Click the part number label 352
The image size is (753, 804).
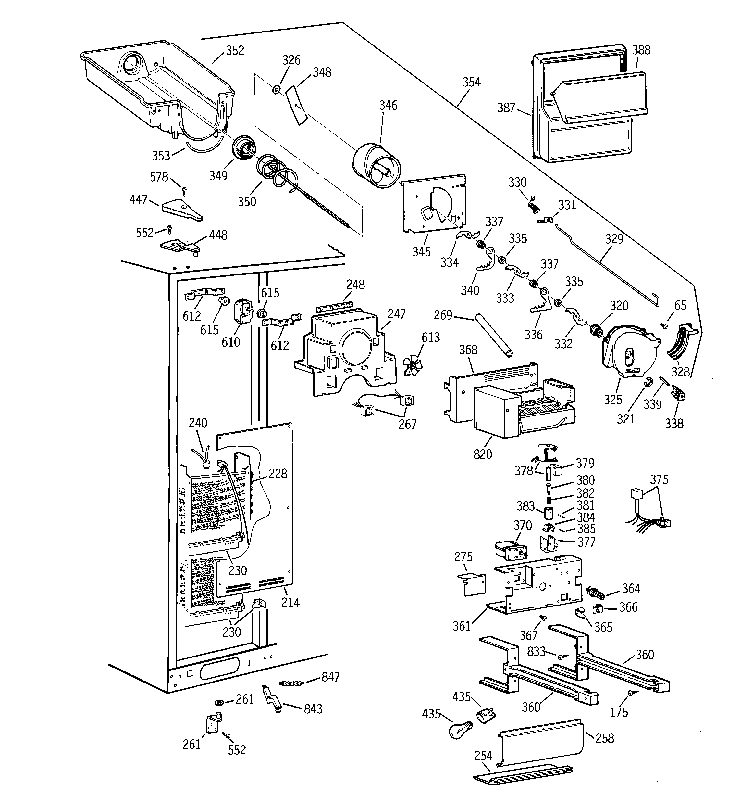tap(235, 51)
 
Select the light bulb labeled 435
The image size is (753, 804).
tap(460, 730)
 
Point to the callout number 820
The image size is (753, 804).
tap(483, 454)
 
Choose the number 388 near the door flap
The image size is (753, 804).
tap(641, 50)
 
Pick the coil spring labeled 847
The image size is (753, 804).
tap(290, 683)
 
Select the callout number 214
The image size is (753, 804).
tap(290, 602)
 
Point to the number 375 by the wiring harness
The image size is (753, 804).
tap(659, 480)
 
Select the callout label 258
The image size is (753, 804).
tap(605, 738)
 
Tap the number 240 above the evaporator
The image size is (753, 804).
tap(198, 423)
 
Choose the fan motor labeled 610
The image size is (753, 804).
tap(243, 312)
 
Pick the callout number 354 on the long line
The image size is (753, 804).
tap(471, 82)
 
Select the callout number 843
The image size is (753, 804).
tap(313, 708)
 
